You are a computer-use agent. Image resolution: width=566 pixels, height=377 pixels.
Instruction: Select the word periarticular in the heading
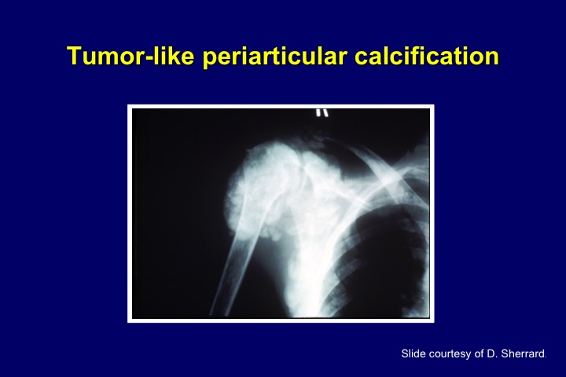274,57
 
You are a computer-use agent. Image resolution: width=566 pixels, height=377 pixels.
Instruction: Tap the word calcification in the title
427,56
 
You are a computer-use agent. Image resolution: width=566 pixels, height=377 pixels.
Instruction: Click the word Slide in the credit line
411,353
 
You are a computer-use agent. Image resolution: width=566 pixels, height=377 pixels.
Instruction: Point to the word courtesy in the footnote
448,354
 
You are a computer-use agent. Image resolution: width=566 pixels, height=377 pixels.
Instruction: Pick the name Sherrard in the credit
523,354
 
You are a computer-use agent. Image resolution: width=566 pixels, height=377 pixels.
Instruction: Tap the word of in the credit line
479,353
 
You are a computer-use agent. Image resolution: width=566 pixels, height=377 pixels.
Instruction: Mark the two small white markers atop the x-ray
322,112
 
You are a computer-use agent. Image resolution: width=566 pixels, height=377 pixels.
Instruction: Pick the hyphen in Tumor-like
148,58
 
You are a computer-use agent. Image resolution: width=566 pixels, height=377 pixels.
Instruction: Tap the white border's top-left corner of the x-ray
128,105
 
